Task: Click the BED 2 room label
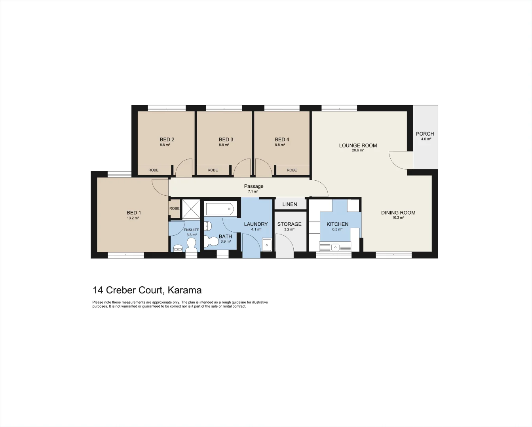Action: click(x=167, y=140)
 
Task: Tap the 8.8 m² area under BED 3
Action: click(x=224, y=145)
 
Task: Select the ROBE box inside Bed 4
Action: click(x=292, y=170)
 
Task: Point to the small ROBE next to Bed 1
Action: click(x=174, y=208)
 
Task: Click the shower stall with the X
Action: click(x=192, y=208)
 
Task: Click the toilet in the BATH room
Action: click(x=211, y=241)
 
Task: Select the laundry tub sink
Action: click(x=267, y=245)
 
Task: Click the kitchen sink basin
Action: click(x=335, y=247)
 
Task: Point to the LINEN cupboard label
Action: click(x=290, y=204)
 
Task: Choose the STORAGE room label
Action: click(x=289, y=224)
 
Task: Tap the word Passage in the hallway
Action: click(x=254, y=186)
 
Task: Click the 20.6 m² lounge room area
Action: click(x=358, y=151)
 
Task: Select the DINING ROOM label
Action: click(x=398, y=213)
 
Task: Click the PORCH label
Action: click(x=425, y=134)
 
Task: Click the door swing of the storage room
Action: click(x=284, y=243)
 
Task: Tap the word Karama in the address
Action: click(x=184, y=290)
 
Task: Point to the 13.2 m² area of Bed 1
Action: click(x=133, y=218)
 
